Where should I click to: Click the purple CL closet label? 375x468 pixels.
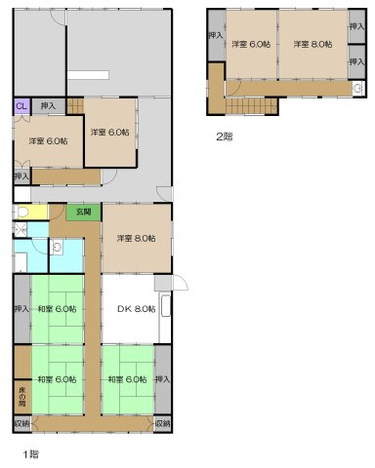[21, 104]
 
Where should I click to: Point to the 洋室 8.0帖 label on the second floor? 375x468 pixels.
[312, 45]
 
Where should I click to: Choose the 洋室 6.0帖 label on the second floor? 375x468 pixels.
[250, 45]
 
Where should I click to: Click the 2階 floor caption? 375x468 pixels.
[225, 136]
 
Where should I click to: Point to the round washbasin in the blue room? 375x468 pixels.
[57, 248]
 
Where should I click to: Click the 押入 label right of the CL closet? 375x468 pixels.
[48, 104]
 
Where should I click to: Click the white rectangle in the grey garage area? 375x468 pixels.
[90, 75]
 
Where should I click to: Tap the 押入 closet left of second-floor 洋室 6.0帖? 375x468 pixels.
[214, 36]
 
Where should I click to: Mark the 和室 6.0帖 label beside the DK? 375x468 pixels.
[58, 309]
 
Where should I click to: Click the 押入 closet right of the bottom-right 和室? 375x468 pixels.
[163, 378]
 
